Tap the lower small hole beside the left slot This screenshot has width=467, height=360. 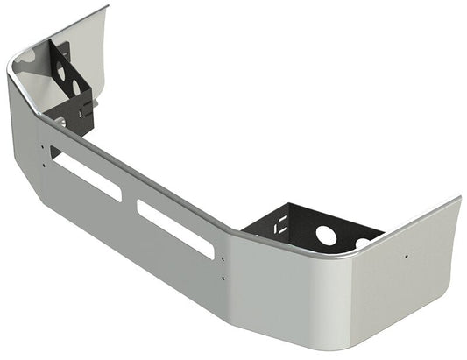[x=44, y=164]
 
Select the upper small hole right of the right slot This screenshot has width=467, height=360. [x=223, y=260]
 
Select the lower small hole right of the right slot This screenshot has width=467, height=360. [x=223, y=278]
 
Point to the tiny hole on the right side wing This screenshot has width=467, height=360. [x=406, y=257]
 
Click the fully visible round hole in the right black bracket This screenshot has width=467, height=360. [x=326, y=235]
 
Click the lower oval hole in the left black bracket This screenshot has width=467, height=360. [x=76, y=87]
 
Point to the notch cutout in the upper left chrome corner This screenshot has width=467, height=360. [x=26, y=55]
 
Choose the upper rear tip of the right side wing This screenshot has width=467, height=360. [x=458, y=199]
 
